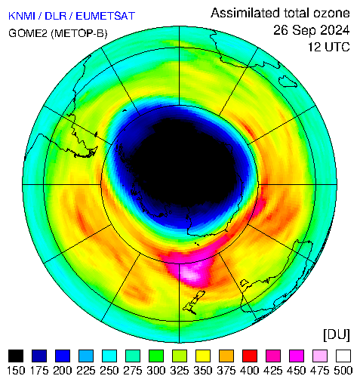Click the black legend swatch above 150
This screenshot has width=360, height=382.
pos(16,356)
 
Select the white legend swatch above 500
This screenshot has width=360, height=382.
pos(343,356)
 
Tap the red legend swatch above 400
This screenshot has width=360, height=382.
pos(250,356)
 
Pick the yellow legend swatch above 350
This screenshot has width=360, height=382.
pos(203,356)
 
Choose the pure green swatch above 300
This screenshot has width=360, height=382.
pos(156,356)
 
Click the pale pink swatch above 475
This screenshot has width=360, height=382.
pos(320,356)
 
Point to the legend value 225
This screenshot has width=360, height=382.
pos(86,371)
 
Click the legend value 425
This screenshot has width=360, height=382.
pos(273,371)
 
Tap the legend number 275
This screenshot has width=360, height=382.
pos(133,371)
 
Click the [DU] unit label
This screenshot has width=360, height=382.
pos(337,335)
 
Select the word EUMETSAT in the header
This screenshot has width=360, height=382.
pos(106,16)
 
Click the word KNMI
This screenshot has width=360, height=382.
pos(22,16)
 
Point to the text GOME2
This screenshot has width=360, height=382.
pos(28,33)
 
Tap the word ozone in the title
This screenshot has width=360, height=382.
pos(331,13)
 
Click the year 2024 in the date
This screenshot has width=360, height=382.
pos(332,30)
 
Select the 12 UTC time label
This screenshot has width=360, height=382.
pos(329,47)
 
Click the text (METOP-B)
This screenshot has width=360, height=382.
pos(79,33)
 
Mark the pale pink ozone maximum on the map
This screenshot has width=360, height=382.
pos(192,274)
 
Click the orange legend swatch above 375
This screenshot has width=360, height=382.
pos(226,356)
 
